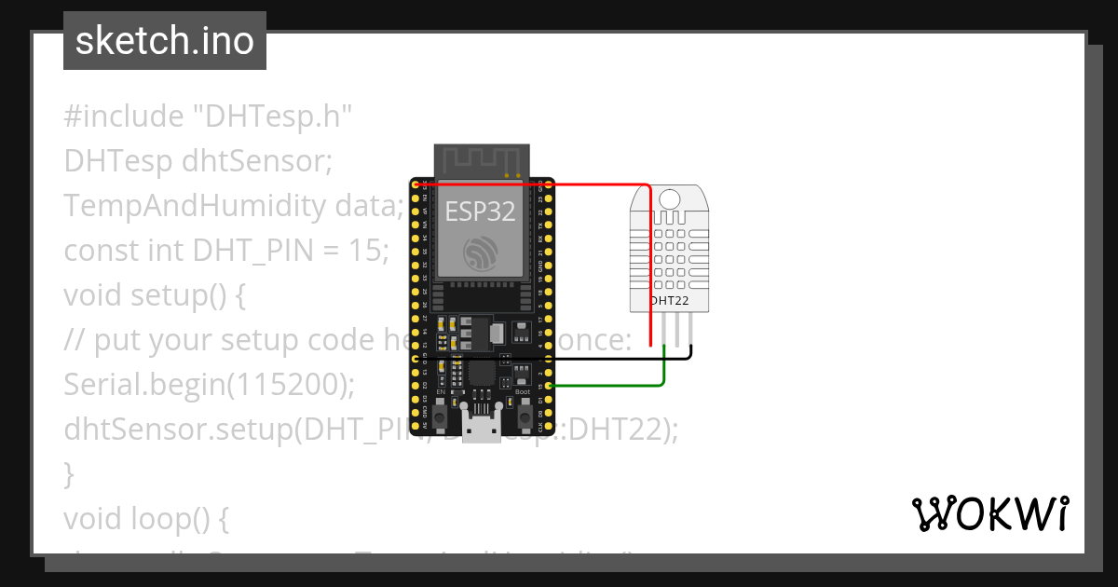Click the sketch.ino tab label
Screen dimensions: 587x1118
click(165, 41)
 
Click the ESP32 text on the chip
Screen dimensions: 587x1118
click(480, 212)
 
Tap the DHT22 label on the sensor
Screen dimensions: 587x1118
click(669, 301)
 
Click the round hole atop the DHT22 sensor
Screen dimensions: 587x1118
click(668, 198)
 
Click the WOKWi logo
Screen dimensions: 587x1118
click(989, 514)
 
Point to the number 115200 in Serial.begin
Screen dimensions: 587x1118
click(292, 385)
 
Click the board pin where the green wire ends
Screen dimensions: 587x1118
click(550, 385)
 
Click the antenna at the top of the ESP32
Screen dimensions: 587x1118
click(482, 160)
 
